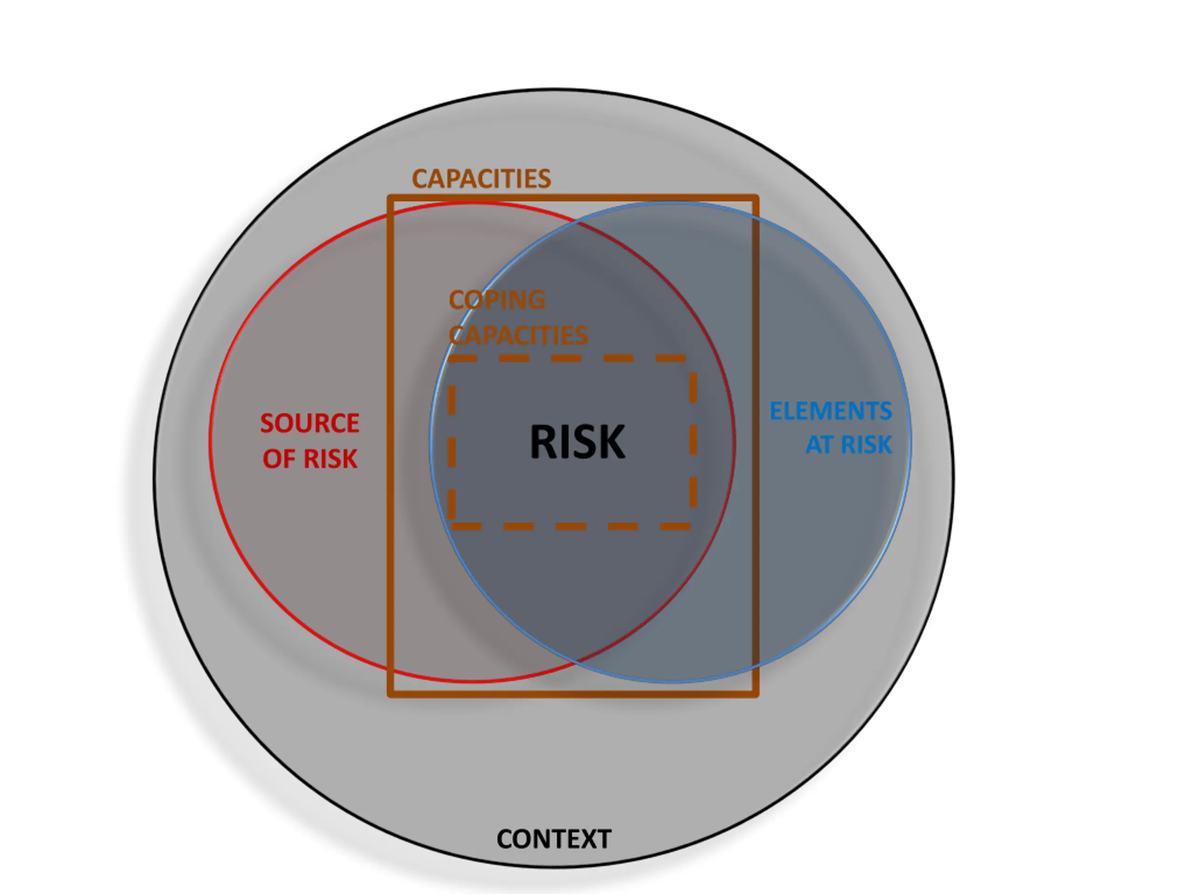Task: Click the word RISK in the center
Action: point(577,442)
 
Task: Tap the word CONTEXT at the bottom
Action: point(554,839)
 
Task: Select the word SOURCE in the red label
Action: point(309,423)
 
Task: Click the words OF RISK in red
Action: point(309,459)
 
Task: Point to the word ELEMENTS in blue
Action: point(830,411)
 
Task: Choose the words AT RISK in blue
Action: point(848,445)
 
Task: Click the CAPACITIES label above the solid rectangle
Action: point(481,178)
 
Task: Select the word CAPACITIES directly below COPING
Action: point(518,335)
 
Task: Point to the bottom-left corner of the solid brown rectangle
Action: point(391,694)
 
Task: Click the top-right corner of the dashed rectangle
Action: point(692,359)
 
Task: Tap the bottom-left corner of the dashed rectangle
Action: point(452,526)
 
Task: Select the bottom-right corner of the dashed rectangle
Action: point(692,526)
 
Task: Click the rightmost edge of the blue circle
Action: point(911,442)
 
